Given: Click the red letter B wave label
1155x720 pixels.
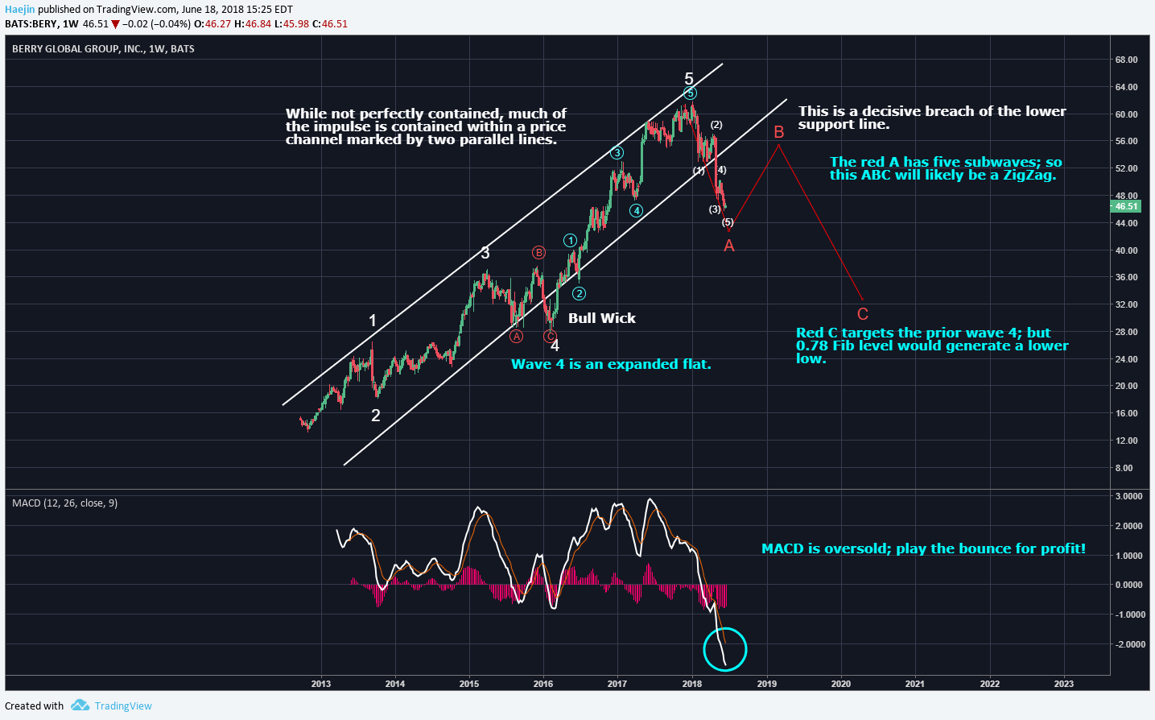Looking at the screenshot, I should click(778, 132).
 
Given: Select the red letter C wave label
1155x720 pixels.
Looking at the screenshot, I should click(862, 314).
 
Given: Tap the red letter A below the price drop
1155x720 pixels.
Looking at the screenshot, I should click(728, 246).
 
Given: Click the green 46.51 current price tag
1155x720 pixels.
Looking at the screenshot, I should click(1125, 206).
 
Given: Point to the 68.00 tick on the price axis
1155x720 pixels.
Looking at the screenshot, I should click(1126, 60).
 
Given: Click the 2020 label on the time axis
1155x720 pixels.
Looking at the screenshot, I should click(840, 684).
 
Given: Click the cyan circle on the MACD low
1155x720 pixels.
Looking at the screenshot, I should click(724, 649).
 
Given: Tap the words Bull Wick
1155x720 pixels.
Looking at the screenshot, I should click(601, 318).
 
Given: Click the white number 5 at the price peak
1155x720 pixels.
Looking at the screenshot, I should click(689, 79).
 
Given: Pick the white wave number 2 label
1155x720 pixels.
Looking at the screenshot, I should click(375, 416).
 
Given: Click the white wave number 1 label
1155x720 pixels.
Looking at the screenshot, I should click(373, 321).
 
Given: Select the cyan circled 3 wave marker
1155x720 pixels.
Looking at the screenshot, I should click(617, 153).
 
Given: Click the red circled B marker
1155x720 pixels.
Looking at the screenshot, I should click(538, 253).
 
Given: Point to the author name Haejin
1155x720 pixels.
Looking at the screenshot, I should click(19, 10).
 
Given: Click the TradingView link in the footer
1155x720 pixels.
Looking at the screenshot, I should click(122, 706).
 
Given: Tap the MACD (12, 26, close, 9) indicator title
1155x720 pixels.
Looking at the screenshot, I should click(64, 503).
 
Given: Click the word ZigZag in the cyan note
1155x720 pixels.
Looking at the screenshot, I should click(1028, 176).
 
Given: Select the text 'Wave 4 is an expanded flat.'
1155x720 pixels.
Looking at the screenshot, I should click(611, 364).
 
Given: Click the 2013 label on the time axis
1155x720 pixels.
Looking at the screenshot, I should click(320, 684).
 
